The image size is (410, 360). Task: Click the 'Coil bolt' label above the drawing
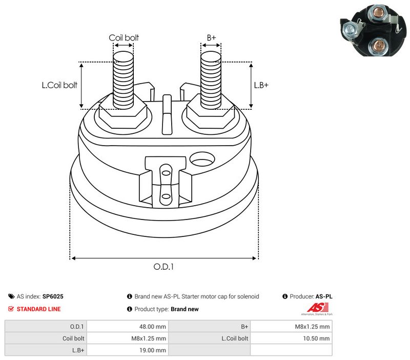[124, 37]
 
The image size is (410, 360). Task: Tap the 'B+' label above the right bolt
[211, 37]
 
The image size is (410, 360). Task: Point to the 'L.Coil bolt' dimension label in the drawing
[59, 85]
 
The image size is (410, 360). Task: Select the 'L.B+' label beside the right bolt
[261, 85]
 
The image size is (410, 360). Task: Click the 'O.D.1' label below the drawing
[163, 267]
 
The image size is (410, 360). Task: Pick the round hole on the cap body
[202, 159]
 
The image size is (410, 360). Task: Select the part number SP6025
[53, 296]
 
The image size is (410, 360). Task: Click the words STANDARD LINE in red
[39, 309]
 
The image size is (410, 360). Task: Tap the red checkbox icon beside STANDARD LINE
[11, 309]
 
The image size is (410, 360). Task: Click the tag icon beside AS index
[11, 296]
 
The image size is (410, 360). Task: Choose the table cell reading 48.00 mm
[127, 327]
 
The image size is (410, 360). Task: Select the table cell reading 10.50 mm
[291, 338]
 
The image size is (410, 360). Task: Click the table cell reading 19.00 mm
[127, 350]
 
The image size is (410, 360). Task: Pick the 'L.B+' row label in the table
[78, 350]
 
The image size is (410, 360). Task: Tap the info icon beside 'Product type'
[130, 309]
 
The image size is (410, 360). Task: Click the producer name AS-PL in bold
[324, 296]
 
